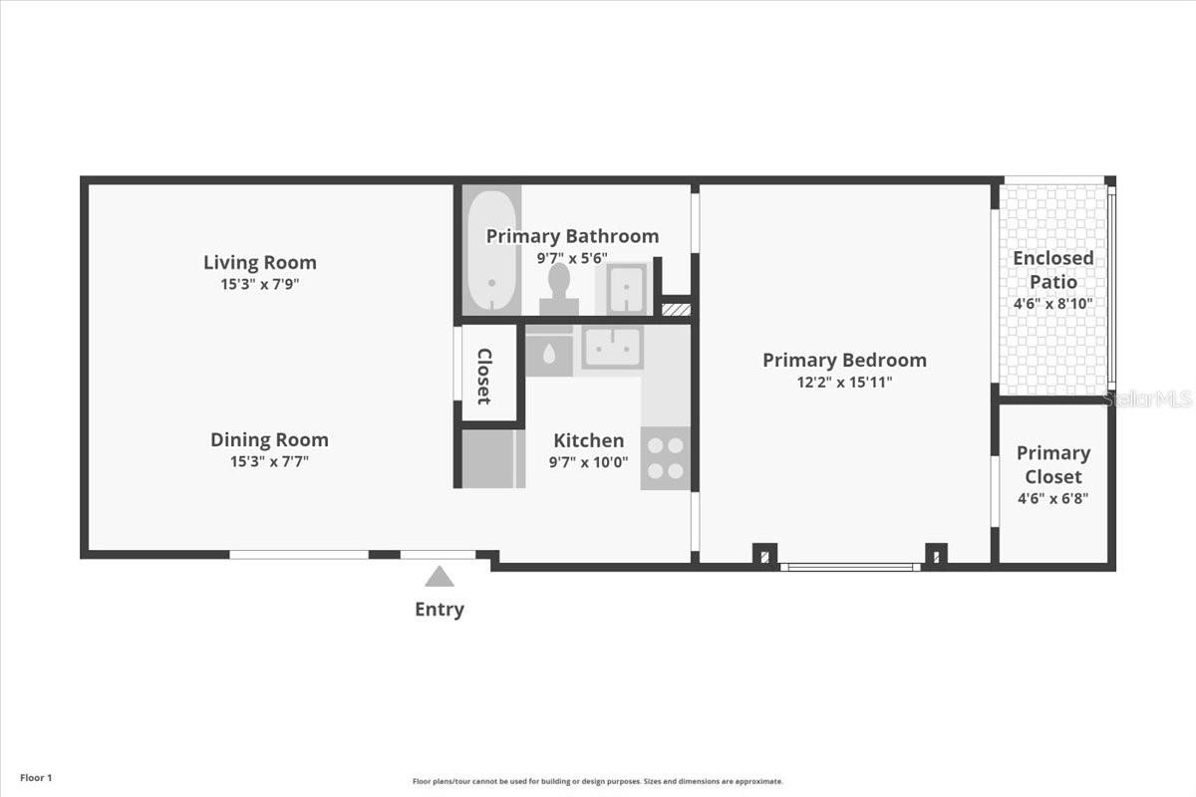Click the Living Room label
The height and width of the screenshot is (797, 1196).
[x=260, y=263]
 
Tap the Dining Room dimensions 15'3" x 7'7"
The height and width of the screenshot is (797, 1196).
[x=270, y=461]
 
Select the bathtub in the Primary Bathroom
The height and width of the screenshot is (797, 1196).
[x=491, y=250]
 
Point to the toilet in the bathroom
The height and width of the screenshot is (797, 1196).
[x=559, y=288]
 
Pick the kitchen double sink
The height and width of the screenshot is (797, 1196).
[x=612, y=347]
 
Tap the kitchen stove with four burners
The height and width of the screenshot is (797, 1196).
[x=666, y=458]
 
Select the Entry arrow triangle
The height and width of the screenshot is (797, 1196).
[x=440, y=577]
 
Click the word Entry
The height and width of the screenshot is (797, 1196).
[x=440, y=609]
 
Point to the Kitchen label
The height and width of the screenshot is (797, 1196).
[x=589, y=440]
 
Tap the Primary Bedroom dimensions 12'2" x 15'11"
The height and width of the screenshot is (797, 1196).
[x=845, y=383]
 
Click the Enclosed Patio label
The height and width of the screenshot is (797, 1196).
[x=1053, y=270]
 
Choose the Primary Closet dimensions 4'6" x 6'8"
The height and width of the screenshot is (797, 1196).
[x=1053, y=498]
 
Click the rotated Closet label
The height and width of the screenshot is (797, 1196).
[x=484, y=377]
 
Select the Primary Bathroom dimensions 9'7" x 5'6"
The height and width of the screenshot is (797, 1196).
[x=572, y=258]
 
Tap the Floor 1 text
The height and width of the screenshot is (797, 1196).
[x=36, y=778]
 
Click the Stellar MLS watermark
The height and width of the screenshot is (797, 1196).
[x=1147, y=398]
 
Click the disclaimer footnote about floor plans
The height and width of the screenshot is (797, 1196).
[x=597, y=781]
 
